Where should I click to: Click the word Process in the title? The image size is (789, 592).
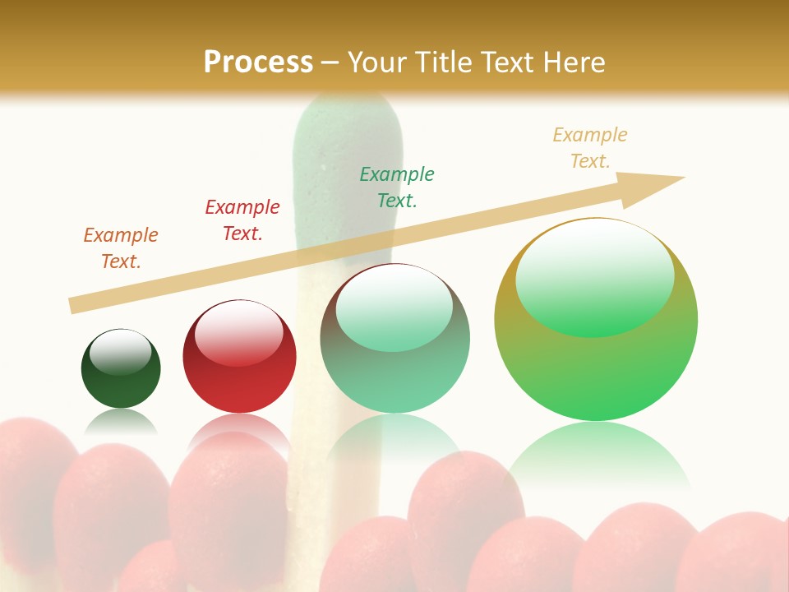point(258,62)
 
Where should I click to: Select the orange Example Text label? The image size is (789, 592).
point(121,248)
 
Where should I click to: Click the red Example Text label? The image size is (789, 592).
point(242,220)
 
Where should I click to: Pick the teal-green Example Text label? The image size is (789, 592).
point(397,187)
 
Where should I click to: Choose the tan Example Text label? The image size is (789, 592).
point(590,148)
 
